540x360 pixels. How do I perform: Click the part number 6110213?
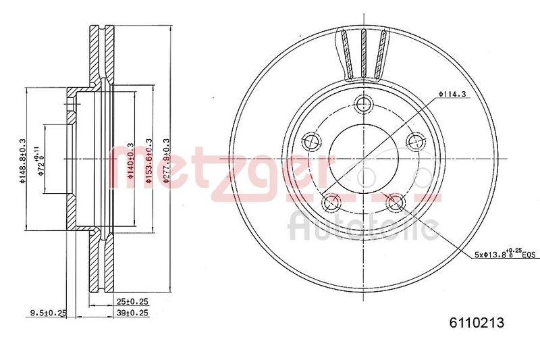pyautogui.click(x=477, y=323)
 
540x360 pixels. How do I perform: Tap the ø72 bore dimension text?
pyautogui.click(x=40, y=161)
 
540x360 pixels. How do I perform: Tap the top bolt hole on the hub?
pyautogui.click(x=364, y=104)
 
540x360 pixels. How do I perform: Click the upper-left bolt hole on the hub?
pyautogui.click(x=311, y=142)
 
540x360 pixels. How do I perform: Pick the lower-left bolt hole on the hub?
pyautogui.click(x=331, y=202)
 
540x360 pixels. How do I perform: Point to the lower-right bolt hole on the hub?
pyautogui.click(x=396, y=202)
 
